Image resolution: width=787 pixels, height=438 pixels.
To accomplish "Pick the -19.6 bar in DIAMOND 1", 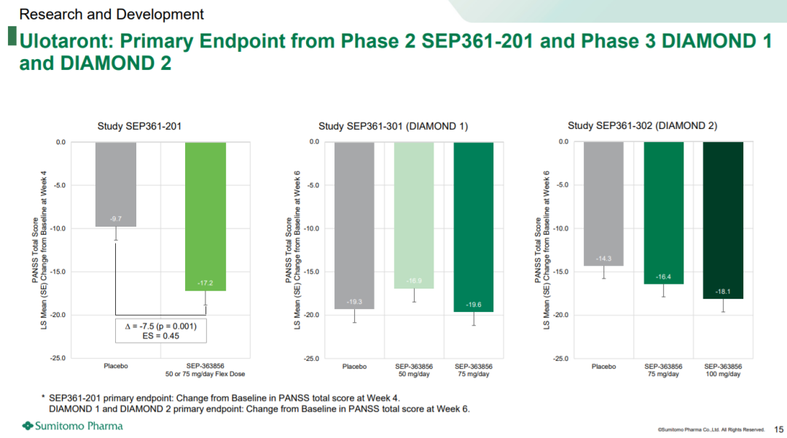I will coord(474,227).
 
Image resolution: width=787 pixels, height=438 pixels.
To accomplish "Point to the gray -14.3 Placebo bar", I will coord(603,204).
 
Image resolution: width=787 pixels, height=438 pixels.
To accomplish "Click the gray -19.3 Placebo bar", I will coord(354,225).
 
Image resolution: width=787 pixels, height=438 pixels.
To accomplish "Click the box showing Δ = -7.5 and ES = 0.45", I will coord(161,330).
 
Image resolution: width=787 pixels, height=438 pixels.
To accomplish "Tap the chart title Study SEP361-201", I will coord(139,126).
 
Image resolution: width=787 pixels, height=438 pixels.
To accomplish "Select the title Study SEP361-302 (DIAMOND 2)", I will coord(642,126).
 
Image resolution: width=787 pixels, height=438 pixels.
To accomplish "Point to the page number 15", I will coord(779,429).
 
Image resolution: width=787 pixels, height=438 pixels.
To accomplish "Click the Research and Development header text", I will coord(111,14).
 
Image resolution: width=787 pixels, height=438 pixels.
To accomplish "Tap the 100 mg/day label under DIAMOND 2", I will coord(722,375).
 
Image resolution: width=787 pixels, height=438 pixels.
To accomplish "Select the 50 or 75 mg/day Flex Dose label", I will coord(205,375).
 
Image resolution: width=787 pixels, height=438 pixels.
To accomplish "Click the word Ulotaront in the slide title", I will coord(60,41).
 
